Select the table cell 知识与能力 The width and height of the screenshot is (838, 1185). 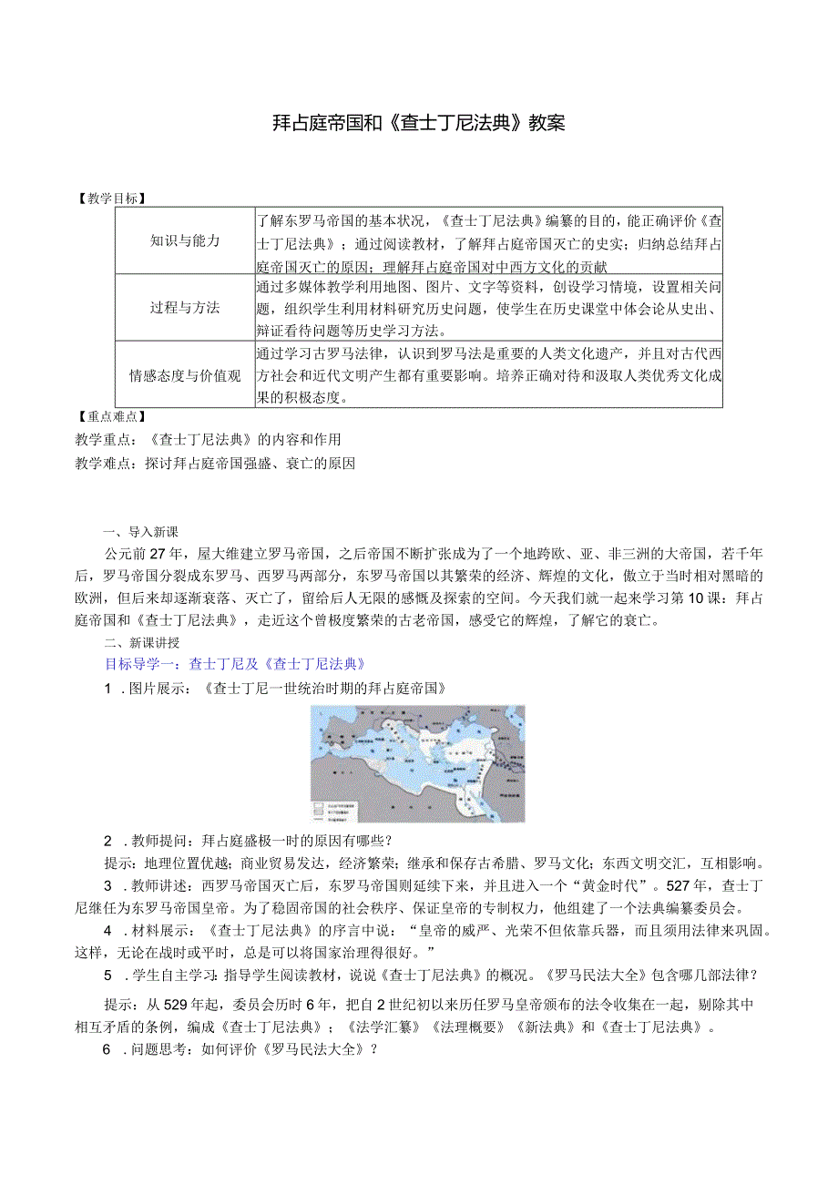coord(185,240)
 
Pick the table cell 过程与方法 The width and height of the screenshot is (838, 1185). coord(185,308)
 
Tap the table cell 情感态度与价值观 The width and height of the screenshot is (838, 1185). coord(185,375)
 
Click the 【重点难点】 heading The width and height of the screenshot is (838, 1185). coord(112,415)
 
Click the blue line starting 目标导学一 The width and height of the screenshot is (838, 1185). coord(235,664)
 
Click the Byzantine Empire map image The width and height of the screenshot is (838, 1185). coord(417,763)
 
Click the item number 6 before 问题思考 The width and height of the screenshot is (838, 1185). coord(107,1049)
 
